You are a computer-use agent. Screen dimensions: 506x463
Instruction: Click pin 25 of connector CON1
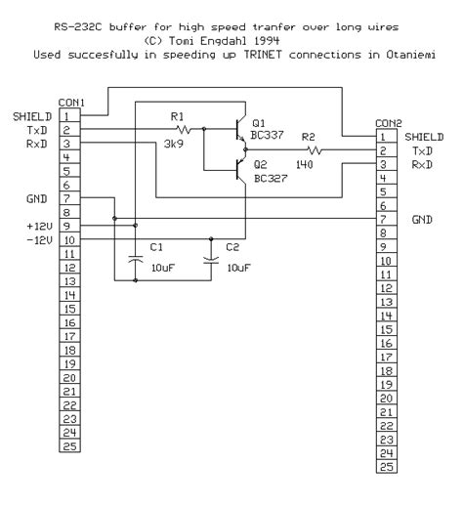pyautogui.click(x=68, y=443)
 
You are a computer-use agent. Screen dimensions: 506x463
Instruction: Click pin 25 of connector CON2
pyautogui.click(x=384, y=466)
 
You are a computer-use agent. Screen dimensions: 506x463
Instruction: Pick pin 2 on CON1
pyautogui.click(x=68, y=129)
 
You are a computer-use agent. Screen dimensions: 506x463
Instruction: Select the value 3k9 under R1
pyautogui.click(x=175, y=143)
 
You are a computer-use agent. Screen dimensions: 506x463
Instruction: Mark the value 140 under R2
pyautogui.click(x=306, y=167)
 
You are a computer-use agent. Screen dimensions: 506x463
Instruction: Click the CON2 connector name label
pyautogui.click(x=387, y=124)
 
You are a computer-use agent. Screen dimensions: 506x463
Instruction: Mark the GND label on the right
pyautogui.click(x=422, y=221)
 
